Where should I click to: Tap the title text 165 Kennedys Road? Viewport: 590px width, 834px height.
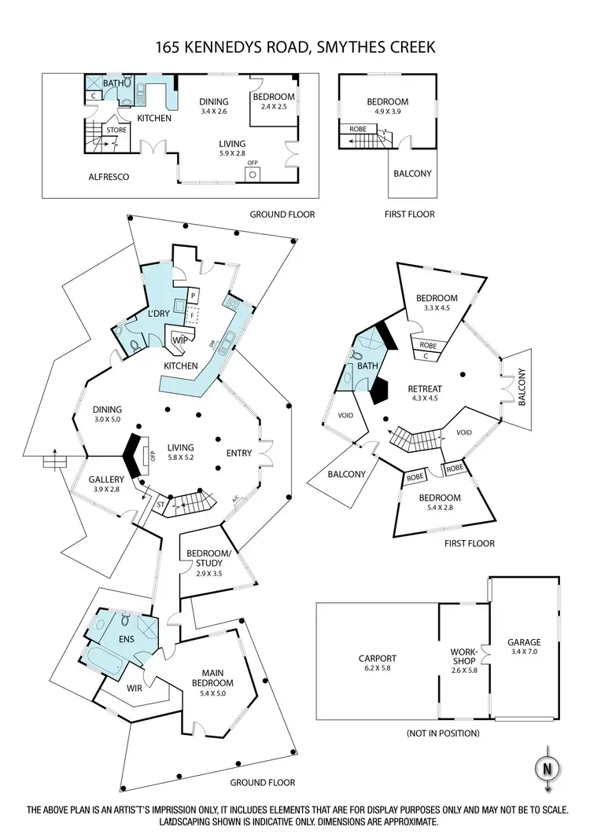click(x=295, y=50)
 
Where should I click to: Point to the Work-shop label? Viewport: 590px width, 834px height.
click(x=464, y=656)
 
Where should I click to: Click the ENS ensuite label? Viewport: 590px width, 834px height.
click(x=127, y=639)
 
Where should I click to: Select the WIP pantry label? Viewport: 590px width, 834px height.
click(x=179, y=340)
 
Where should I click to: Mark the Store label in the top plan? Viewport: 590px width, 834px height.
click(x=116, y=130)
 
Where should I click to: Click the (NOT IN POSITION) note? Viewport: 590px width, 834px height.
click(x=443, y=733)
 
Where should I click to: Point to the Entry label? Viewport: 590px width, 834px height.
click(x=238, y=453)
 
